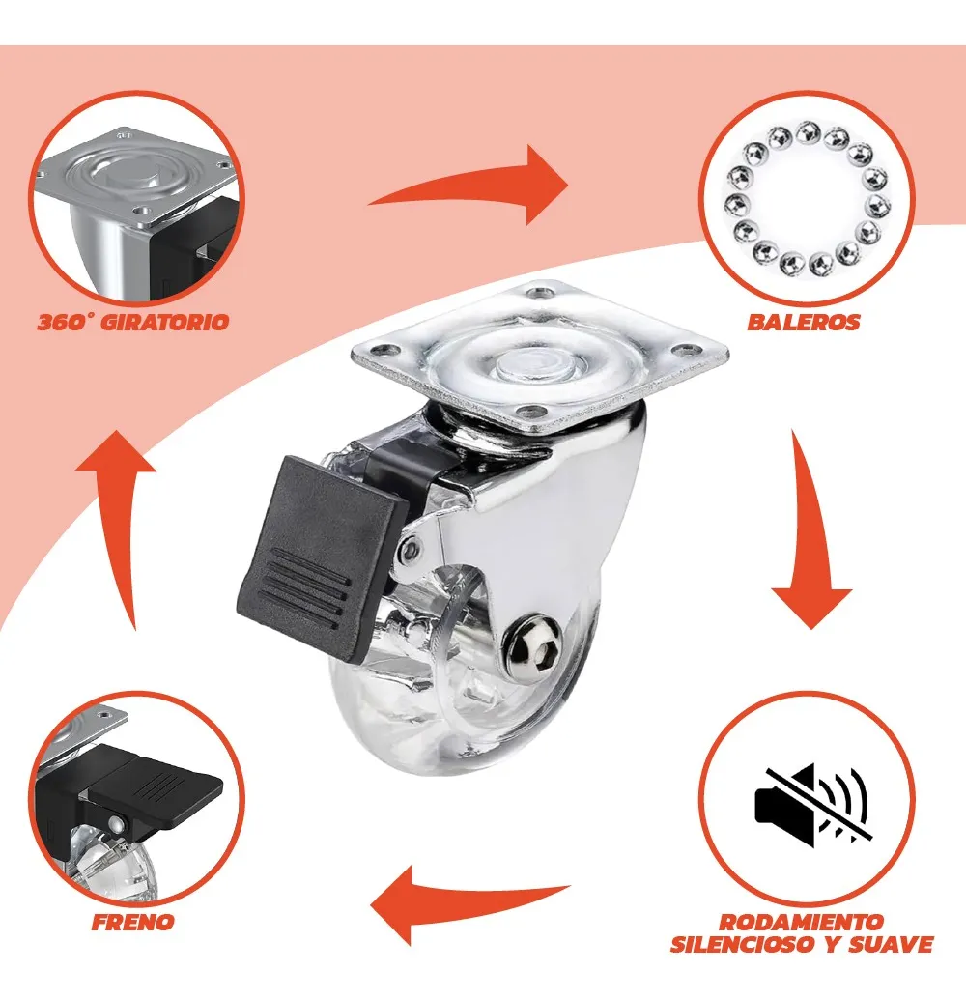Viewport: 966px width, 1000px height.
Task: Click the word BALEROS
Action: coord(804,322)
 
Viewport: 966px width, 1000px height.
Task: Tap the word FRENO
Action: coord(132,922)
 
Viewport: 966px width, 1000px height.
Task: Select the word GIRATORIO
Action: coord(164,322)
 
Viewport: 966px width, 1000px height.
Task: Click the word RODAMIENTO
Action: coord(802,922)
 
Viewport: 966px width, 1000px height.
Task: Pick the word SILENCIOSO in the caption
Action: coord(745,944)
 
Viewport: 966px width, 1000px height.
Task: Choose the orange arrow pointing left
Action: coord(469,903)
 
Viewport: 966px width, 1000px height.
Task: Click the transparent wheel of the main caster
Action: coord(466,676)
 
